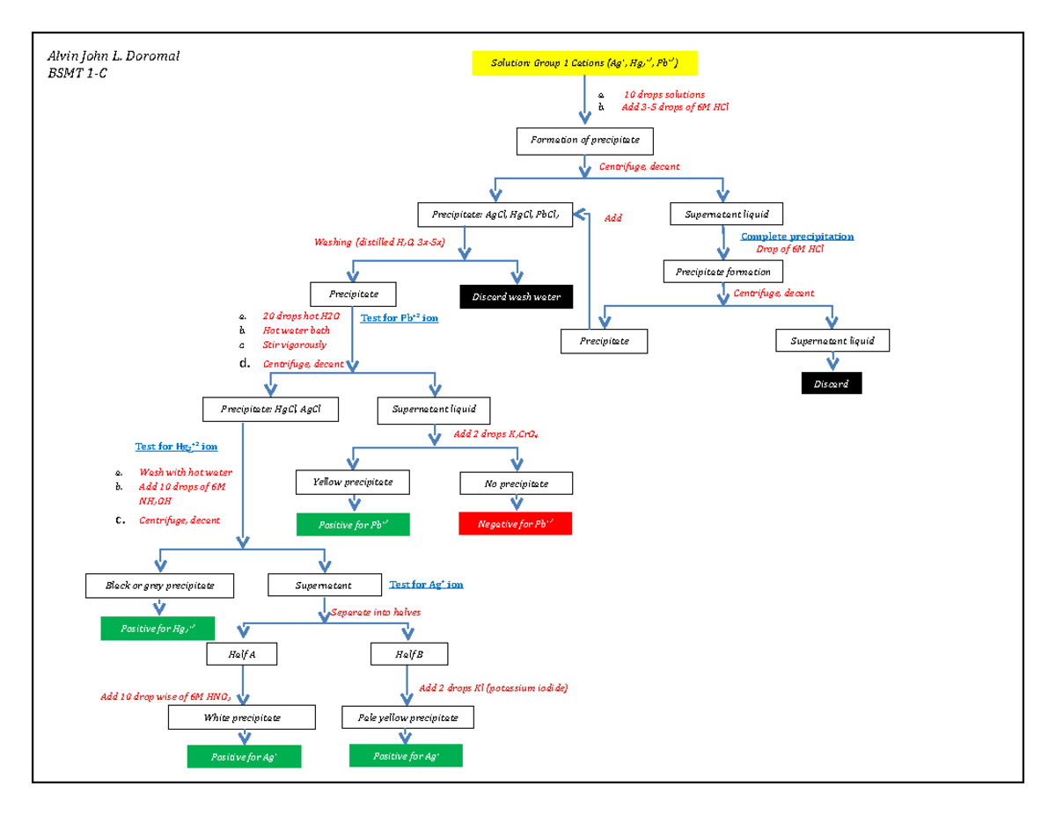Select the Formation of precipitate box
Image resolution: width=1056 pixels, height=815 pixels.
coord(584,141)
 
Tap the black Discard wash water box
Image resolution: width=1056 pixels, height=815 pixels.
coord(517,297)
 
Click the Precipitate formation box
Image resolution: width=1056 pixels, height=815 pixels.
coord(722,272)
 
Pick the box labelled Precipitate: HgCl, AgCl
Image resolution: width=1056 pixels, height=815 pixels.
coord(270,409)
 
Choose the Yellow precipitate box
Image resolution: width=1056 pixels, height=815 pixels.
coord(353,483)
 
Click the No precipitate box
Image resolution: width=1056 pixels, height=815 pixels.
coord(516,484)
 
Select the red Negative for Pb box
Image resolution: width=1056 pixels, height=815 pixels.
coord(516,524)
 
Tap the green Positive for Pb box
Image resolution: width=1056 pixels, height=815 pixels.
coord(353,525)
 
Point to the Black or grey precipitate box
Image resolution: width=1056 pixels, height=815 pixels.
coord(159,586)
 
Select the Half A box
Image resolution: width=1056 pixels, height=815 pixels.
coord(241,654)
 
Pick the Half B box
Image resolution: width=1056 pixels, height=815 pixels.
coord(408,654)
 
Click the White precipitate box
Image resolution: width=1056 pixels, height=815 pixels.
coord(242,718)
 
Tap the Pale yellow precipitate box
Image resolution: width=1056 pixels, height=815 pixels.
coord(407,718)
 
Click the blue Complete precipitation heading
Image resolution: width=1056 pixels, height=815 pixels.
coord(796,236)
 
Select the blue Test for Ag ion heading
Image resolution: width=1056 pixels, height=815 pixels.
coord(426,584)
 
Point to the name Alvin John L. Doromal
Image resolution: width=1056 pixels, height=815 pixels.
coord(113,58)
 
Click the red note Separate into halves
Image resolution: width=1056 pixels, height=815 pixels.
coord(376,612)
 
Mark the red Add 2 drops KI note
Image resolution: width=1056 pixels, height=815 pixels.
coord(493,688)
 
